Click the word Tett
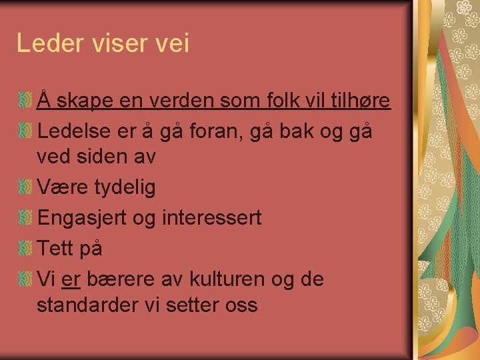point(55,248)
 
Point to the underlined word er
point(70,279)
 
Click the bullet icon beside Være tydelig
point(25,188)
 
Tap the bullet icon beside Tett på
point(25,248)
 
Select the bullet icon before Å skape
point(25,101)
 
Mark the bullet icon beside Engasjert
point(25,218)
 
